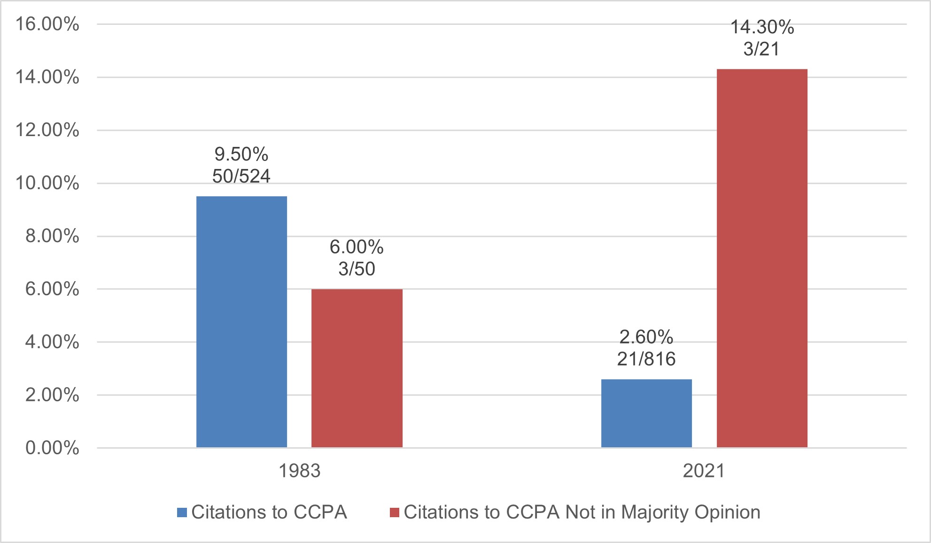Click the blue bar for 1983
[x=241, y=322]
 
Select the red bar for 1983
[x=357, y=368]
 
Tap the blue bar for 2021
[x=646, y=413]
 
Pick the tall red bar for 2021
[x=762, y=258]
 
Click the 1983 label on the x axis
[x=299, y=471]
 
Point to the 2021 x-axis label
[x=704, y=471]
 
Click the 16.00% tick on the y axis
[x=47, y=24]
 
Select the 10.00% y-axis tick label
[x=47, y=183]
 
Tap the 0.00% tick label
[x=52, y=448]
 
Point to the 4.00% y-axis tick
[x=52, y=342]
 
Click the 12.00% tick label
[x=47, y=130]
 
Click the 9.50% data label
[x=241, y=154]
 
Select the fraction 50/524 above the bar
[x=241, y=176]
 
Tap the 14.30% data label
[x=762, y=27]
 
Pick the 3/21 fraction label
[x=761, y=49]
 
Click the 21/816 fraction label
[x=646, y=359]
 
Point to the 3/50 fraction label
[x=357, y=269]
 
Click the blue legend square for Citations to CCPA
[x=182, y=512]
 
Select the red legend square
[x=395, y=512]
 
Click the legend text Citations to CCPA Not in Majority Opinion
[x=582, y=512]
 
